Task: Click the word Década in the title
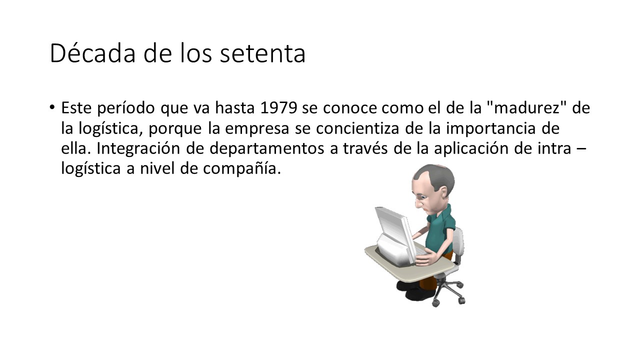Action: pos(92,53)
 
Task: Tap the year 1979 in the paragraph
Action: pos(278,108)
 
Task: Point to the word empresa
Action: pos(257,129)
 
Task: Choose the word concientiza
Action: pos(357,128)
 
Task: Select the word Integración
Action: pos(138,149)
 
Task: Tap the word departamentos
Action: pos(267,149)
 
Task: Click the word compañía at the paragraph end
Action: pos(242,169)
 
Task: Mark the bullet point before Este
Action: pos(51,107)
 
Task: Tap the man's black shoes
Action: pos(415,290)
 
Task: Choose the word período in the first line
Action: pos(125,108)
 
